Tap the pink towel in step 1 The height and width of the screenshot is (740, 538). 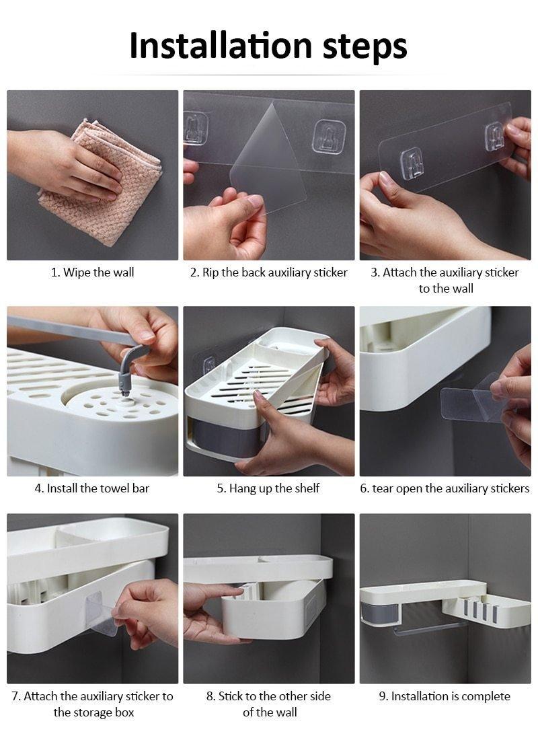pos(101,182)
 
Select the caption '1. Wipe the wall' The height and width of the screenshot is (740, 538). pos(93,272)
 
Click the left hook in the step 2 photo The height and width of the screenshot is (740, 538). pos(196,128)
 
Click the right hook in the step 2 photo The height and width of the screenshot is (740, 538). pos(328,136)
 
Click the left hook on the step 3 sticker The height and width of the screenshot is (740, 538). pos(412,163)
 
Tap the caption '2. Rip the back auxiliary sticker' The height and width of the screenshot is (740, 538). pos(268,272)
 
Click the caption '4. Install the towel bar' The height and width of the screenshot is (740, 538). pos(92,488)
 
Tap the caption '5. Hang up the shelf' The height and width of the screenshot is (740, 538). pos(268,488)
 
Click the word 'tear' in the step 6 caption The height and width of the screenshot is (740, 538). pos(385,488)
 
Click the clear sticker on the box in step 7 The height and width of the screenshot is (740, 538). pos(101,613)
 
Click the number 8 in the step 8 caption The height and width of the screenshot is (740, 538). pos(210,696)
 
